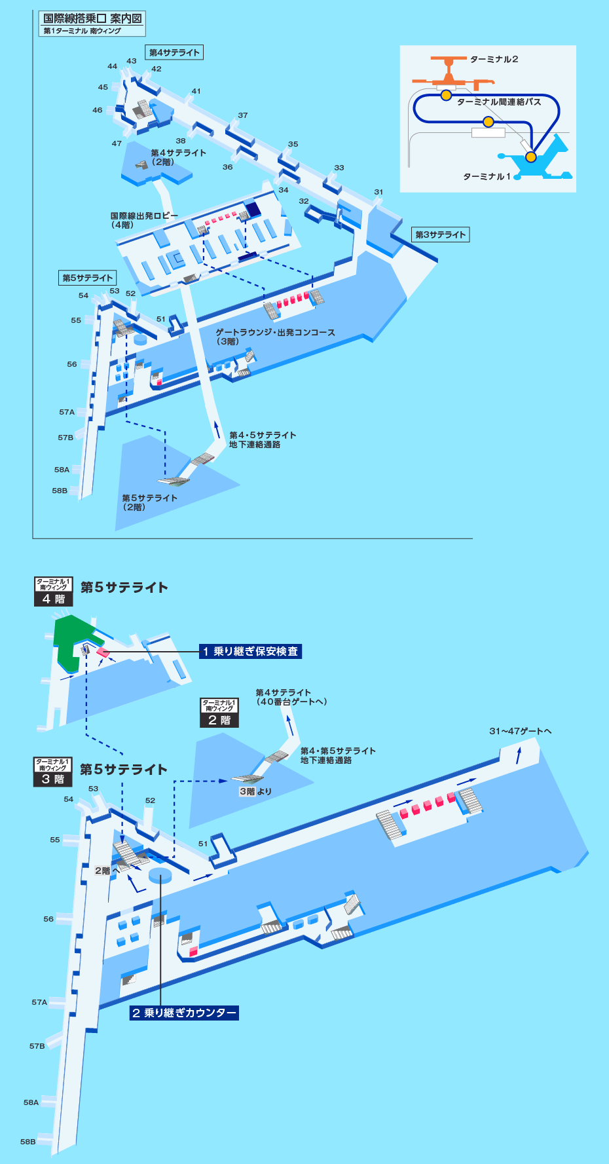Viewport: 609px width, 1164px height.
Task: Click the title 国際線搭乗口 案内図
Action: click(x=92, y=18)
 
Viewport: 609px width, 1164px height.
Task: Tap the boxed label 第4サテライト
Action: click(x=174, y=52)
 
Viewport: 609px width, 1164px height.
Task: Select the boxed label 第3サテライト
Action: click(x=440, y=235)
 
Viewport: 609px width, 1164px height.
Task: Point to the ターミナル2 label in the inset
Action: click(x=494, y=60)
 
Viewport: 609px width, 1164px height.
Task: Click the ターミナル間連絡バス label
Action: click(x=499, y=102)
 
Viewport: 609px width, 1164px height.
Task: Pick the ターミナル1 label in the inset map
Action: click(x=487, y=176)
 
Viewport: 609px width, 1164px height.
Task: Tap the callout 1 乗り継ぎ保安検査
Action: click(x=251, y=651)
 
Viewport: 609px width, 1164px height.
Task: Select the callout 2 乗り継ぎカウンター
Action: click(x=184, y=1013)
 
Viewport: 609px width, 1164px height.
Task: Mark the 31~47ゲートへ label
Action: click(x=520, y=731)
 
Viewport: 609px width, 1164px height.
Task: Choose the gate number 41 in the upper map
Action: click(x=196, y=91)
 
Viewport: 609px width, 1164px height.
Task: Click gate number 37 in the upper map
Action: click(x=243, y=115)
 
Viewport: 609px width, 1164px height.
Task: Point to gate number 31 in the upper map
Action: click(x=378, y=192)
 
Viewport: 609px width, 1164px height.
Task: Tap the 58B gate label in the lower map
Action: click(x=28, y=1142)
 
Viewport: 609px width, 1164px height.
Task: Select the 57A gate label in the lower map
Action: click(x=39, y=1002)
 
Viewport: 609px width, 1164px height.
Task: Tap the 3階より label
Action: click(x=255, y=791)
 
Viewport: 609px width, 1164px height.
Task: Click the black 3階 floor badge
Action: click(x=53, y=772)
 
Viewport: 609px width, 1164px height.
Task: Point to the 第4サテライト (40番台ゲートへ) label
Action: click(x=291, y=697)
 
